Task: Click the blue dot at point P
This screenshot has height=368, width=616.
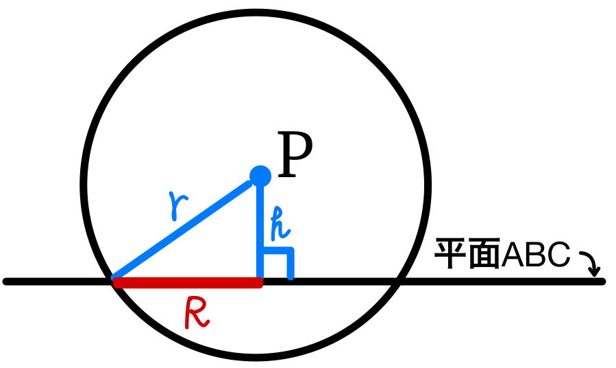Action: (260, 176)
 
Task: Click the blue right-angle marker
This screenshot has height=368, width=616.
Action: (282, 262)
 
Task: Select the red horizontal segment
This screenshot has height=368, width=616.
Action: (187, 282)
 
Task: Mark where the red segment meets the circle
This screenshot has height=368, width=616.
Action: (114, 281)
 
